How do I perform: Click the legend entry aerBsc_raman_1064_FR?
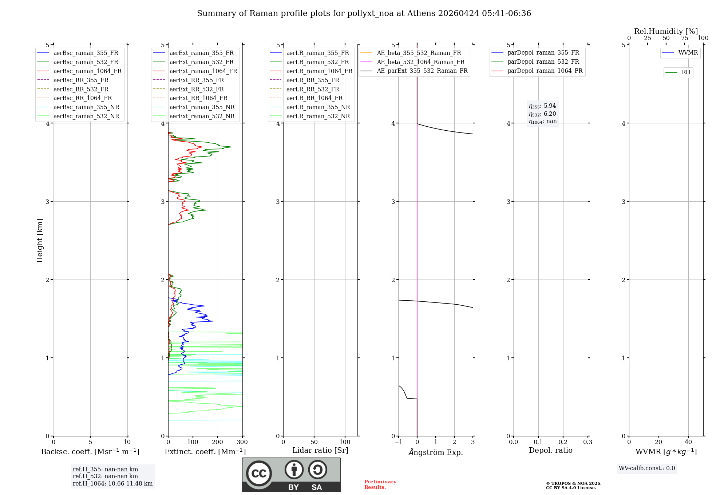(87, 71)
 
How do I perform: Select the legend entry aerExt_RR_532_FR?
(197, 90)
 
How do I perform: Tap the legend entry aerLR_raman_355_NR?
(318, 107)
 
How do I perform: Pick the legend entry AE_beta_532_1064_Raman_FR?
(420, 62)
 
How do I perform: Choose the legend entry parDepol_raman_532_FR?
(543, 62)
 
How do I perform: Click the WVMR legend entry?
(688, 53)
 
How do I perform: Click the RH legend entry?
(686, 72)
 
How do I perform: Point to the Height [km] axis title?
(40, 241)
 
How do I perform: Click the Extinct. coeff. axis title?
(205, 452)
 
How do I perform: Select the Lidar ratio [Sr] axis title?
(320, 450)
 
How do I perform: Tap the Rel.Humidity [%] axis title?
(666, 31)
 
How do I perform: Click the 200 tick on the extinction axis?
(218, 442)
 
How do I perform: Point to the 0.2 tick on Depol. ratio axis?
(563, 442)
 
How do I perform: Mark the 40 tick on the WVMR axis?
(688, 442)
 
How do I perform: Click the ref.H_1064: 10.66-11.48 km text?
(112, 484)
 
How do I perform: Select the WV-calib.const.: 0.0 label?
(647, 468)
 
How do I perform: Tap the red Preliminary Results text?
(380, 484)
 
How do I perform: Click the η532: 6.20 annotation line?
(542, 114)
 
